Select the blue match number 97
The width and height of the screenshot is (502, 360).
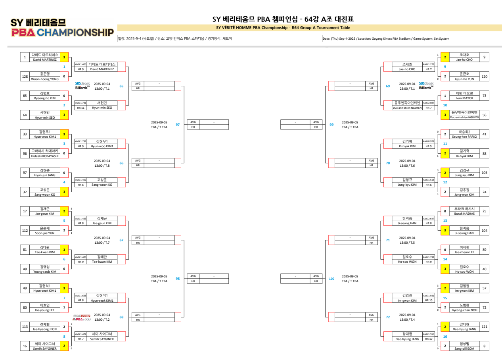click(x=178, y=125)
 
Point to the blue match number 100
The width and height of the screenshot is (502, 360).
click(x=331, y=279)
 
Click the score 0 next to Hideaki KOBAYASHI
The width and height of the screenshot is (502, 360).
click(x=64, y=153)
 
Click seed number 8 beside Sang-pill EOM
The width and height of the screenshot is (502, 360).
click(x=484, y=346)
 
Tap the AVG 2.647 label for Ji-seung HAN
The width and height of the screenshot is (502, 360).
click(x=429, y=219)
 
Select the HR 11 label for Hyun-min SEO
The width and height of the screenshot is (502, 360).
click(x=80, y=108)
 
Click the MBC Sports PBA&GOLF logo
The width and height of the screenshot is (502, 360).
click(x=82, y=318)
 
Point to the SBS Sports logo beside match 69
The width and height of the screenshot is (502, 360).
click(x=427, y=86)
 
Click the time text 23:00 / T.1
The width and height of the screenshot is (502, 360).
click(x=407, y=89)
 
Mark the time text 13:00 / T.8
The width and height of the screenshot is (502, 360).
click(x=102, y=166)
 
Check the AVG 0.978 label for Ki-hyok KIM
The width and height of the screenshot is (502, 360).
click(x=429, y=141)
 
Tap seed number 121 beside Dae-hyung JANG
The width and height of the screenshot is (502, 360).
click(x=484, y=327)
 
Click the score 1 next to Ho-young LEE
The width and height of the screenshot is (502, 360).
click(x=64, y=307)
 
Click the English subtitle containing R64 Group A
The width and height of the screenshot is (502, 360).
click(x=283, y=27)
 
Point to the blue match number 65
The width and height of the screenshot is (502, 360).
click(x=121, y=86)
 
